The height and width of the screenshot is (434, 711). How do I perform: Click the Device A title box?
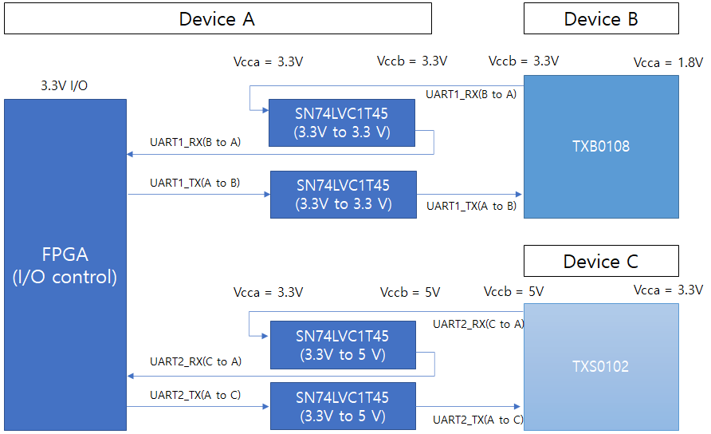point(217,18)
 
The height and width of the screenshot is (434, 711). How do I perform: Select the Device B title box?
point(600,18)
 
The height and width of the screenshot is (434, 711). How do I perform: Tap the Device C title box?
point(600,261)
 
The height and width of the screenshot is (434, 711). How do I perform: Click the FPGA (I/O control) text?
point(65,266)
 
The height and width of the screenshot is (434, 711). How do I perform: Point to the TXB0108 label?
point(601,147)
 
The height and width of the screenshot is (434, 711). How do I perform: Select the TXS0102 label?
point(600,367)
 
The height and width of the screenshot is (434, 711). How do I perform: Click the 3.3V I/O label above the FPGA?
point(64,85)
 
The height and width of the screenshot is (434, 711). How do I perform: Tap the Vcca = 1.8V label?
point(668,62)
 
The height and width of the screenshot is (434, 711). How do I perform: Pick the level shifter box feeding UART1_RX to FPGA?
point(341,123)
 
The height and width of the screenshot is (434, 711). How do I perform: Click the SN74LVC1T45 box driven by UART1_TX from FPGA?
point(343,194)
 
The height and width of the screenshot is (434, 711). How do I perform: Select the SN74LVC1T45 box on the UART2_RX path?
point(342,345)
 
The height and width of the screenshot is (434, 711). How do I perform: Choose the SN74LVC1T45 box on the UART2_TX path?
point(342,406)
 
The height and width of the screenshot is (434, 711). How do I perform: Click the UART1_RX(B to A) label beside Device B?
point(470,94)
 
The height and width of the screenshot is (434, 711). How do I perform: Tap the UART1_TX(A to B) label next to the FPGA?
point(195,183)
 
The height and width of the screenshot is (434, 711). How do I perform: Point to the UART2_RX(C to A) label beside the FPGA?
point(195,361)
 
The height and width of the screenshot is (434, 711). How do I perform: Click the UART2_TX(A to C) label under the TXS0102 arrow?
point(477,419)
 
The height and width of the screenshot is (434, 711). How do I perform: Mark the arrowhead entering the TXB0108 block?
point(519,194)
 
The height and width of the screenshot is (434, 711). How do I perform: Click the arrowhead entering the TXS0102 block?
point(519,406)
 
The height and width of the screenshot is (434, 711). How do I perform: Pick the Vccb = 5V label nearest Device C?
point(513,292)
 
